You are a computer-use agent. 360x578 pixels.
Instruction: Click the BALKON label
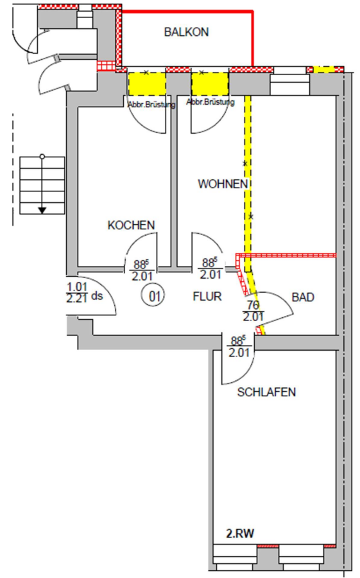coord(187,32)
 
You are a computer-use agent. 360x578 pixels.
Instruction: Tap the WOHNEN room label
coord(223,184)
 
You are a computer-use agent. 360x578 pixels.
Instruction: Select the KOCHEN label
coord(131,225)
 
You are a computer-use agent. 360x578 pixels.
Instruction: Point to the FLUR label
coord(207,296)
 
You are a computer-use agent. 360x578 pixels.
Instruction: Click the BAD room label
coord(303,297)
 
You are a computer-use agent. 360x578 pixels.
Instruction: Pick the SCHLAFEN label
coord(266,392)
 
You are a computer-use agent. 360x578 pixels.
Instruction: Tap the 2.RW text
coord(240,534)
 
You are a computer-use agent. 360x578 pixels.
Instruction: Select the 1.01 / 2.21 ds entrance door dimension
coord(85,293)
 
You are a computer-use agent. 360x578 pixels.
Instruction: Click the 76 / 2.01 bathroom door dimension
coord(253,311)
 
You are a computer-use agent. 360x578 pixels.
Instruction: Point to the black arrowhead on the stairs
coord(42,211)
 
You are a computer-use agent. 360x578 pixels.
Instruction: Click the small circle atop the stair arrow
coord(42,157)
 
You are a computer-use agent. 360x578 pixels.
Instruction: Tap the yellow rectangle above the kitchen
coord(147,84)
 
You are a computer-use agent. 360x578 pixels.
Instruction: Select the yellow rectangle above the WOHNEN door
coord(210,84)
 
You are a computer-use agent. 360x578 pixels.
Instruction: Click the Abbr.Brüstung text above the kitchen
coord(151,105)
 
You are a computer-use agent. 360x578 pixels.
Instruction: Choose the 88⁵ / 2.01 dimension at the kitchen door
coord(142,270)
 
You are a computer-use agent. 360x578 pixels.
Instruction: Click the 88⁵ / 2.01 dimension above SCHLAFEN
coord(239,347)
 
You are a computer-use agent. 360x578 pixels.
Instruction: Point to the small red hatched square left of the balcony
coord(106,66)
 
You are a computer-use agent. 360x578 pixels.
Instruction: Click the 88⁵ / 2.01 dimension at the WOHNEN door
coord(210,268)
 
